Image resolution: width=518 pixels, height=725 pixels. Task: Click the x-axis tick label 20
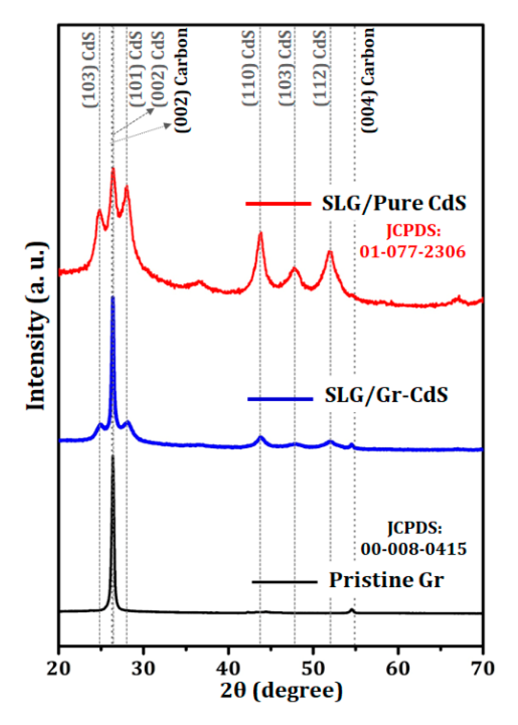click(x=59, y=668)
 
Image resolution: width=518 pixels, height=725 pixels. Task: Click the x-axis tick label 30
click(x=144, y=668)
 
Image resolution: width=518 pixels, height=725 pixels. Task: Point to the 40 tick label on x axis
click(x=228, y=668)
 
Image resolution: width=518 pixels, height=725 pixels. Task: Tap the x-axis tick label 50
click(x=313, y=668)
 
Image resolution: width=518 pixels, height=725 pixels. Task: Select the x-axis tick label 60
click(x=398, y=668)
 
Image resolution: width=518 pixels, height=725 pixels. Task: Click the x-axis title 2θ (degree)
click(x=281, y=691)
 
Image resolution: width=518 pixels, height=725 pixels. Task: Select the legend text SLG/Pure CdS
click(x=394, y=204)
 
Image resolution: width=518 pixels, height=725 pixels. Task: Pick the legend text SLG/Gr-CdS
click(x=386, y=395)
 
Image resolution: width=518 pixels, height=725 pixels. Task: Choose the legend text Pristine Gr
click(x=386, y=580)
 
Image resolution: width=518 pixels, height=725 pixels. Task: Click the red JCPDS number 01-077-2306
click(x=412, y=252)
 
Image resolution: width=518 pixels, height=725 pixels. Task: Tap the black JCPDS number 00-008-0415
click(x=414, y=549)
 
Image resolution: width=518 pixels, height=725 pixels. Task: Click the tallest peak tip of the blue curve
click(x=113, y=298)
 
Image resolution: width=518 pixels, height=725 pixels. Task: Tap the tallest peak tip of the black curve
click(x=113, y=456)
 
